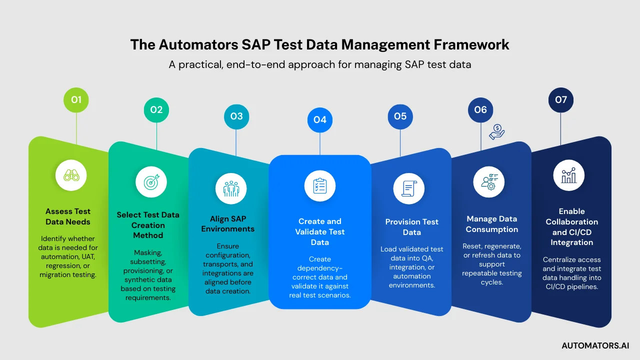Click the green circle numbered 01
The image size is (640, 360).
coord(76,99)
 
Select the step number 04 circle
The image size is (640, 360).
coord(320,120)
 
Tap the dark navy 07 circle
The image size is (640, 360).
coord(561,99)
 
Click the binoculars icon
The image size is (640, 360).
coord(71,175)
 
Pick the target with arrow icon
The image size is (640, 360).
coord(151,182)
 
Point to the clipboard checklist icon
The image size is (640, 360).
coord(320,185)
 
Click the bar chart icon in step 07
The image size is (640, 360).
coord(569,175)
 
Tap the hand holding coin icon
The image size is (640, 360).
coord(497,132)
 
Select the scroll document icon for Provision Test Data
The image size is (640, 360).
coord(409,189)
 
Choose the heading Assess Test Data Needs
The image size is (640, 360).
coord(68,216)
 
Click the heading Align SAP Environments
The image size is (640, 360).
coord(228,223)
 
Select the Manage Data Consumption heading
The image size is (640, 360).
coord(492,224)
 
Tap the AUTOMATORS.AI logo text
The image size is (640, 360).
coord(595,345)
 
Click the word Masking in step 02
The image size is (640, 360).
coord(148,253)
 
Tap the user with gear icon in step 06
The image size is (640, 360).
coord(489,182)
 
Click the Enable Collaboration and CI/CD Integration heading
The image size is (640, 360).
coord(572,227)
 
